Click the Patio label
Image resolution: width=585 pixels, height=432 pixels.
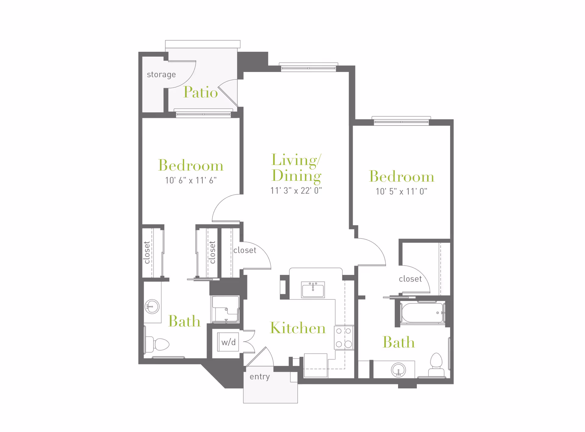pos(200,92)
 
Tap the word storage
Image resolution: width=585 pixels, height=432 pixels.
pos(161,75)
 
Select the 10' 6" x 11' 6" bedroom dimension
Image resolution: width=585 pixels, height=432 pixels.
pos(191,180)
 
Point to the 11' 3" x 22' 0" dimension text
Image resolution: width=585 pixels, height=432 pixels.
pos(296,191)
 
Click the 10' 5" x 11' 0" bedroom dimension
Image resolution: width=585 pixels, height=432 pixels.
pos(401,191)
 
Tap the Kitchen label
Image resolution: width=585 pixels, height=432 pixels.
pos(298,328)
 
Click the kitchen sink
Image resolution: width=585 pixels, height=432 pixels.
pos(313,289)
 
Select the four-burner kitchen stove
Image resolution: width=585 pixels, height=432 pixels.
pos(344,338)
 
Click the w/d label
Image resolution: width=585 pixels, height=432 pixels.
pos(228,342)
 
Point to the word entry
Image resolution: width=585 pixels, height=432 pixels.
pos(260,377)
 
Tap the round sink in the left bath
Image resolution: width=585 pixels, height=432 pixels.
pos(152,306)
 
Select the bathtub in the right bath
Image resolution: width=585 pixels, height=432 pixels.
pos(422,313)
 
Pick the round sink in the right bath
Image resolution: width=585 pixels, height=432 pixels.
pos(398,370)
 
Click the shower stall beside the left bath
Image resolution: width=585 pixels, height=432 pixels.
pos(225,309)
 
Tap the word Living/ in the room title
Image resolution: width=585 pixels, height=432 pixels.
pos(296,160)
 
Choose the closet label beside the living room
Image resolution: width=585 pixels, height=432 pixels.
pos(245,250)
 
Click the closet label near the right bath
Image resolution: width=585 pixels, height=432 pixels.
pos(410,279)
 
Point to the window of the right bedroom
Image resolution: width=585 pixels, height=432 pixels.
pos(401,122)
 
